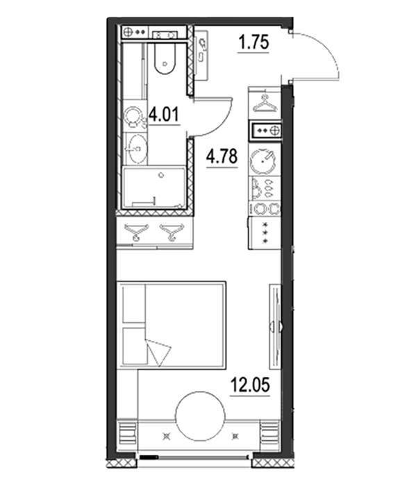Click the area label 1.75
253,42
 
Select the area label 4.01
164,115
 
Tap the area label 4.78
222,156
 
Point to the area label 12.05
250,385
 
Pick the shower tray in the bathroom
154,187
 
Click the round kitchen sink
262,161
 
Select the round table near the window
200,416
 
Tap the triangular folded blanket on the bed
158,352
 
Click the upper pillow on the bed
134,305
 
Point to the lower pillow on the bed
135,346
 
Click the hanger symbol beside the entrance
265,104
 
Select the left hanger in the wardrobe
136,232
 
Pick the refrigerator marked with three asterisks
265,233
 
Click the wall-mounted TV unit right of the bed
275,326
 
